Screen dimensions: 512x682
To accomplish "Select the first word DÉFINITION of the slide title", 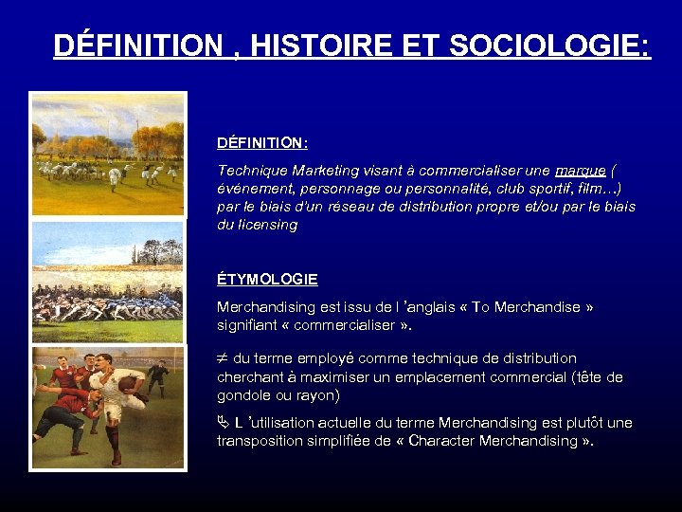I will (x=136, y=45).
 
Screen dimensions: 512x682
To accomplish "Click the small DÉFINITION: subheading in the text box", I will (x=261, y=143).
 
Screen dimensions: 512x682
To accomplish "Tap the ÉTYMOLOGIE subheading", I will (x=267, y=280).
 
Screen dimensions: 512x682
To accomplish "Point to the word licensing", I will (x=269, y=225).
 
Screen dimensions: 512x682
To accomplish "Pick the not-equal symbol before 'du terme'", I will (x=223, y=358).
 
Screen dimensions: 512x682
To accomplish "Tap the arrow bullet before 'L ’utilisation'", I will (x=224, y=423).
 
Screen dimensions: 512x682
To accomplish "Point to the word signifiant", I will (x=247, y=325).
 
